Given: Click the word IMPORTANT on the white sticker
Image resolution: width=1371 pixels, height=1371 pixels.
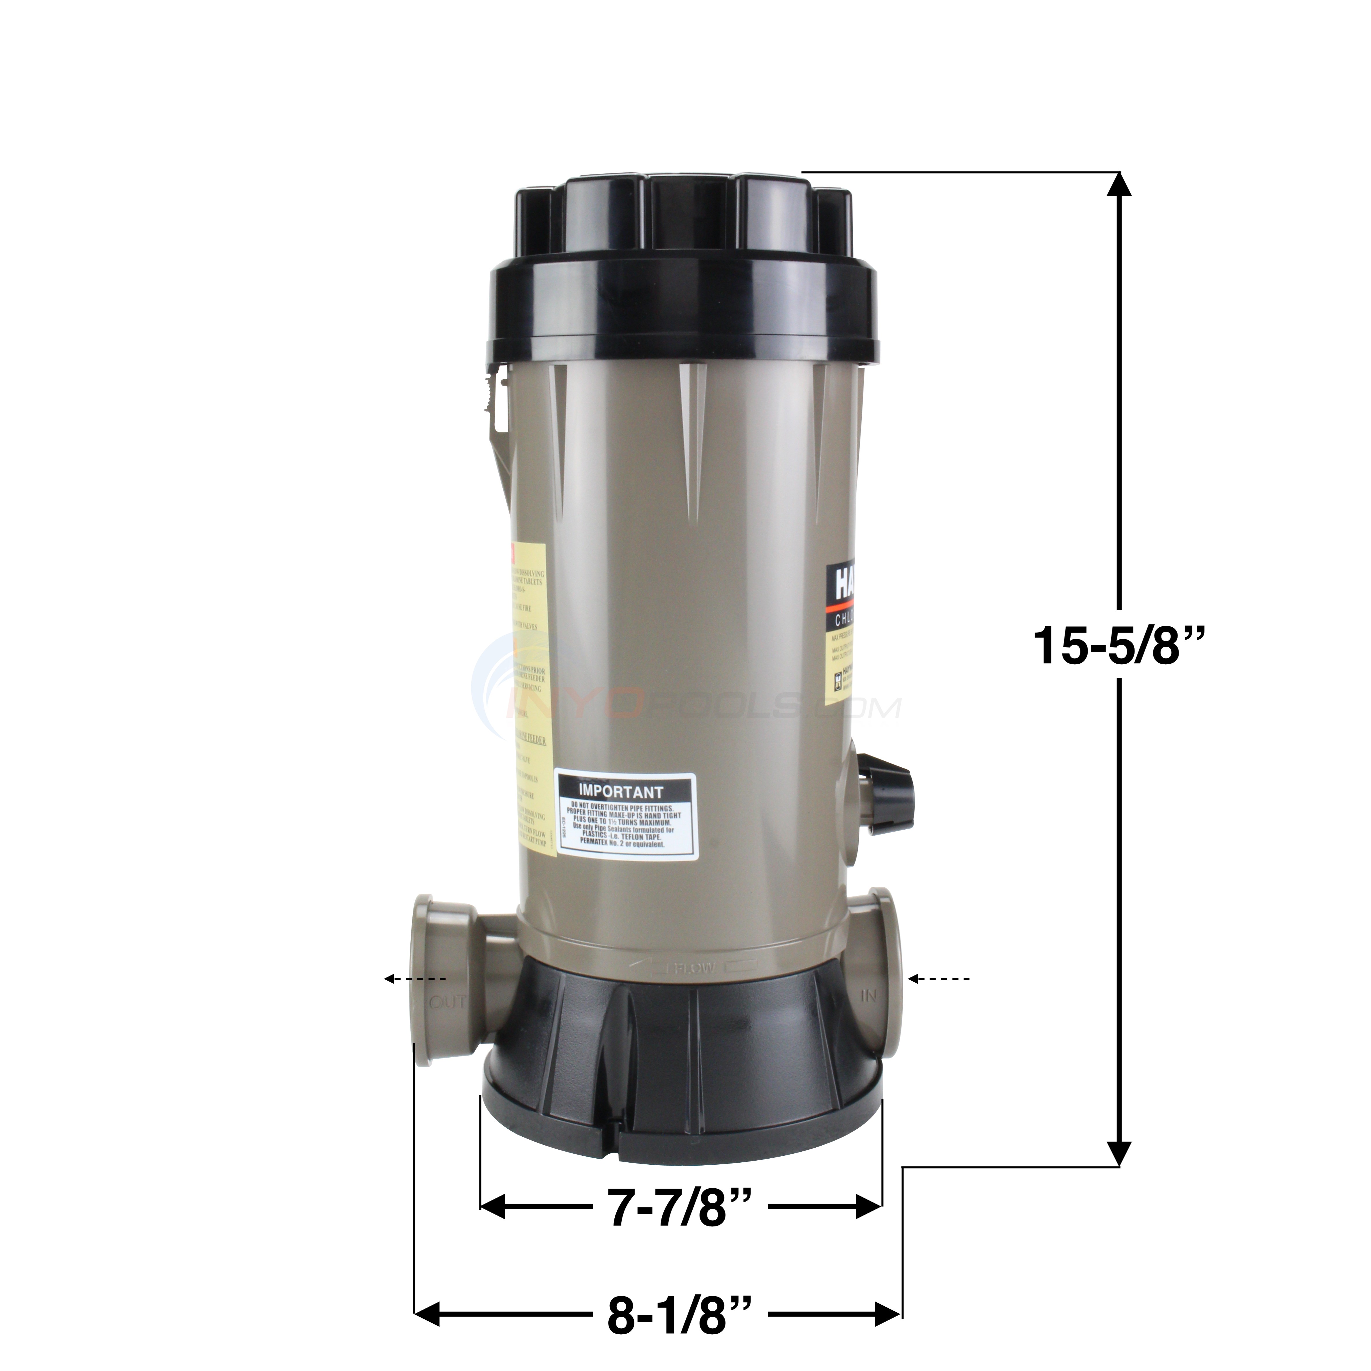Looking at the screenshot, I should (x=621, y=791).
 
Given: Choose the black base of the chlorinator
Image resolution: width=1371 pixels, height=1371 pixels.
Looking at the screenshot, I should (x=681, y=1079).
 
